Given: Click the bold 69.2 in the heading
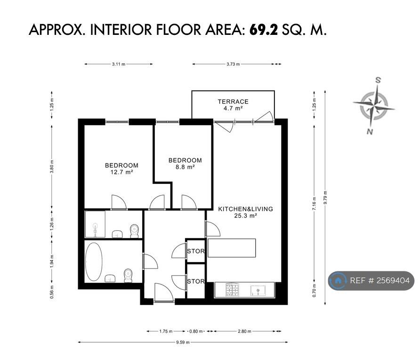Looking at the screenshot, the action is [x=264, y=30].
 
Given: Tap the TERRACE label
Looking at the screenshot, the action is [x=233, y=102].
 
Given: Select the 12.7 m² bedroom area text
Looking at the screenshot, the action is [x=121, y=172].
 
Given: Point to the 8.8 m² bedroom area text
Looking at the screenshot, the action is [x=185, y=167].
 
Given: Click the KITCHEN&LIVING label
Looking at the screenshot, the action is [x=246, y=209].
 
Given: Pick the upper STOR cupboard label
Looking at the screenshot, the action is [x=196, y=251].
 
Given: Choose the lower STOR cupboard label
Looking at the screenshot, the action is [x=196, y=281].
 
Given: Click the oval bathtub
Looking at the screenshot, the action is [x=94, y=262].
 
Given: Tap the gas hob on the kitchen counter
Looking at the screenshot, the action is [x=232, y=290].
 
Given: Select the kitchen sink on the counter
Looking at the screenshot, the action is [x=258, y=291].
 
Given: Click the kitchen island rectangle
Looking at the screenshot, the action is [x=232, y=248].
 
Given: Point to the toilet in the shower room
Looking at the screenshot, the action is [x=135, y=231].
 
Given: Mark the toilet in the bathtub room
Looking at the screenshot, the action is [x=128, y=276].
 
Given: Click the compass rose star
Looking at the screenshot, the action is [x=374, y=106].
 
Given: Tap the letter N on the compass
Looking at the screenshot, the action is [x=370, y=131].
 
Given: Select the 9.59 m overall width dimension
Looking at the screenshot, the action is [x=183, y=342].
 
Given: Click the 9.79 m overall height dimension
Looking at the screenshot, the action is [x=325, y=197].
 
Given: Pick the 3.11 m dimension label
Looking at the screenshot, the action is [x=118, y=64].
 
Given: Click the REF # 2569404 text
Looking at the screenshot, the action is [x=380, y=280].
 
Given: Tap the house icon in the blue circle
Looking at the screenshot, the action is [x=338, y=281].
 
